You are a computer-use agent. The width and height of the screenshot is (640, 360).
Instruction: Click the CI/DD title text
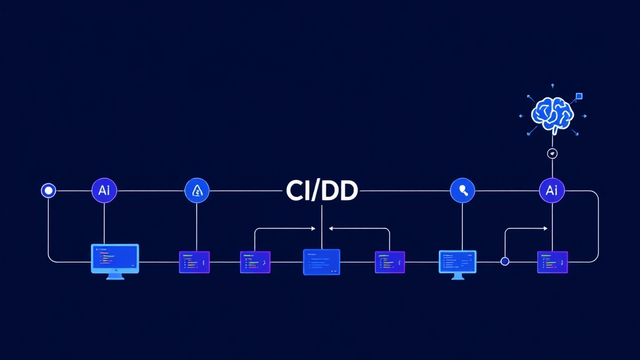(321, 191)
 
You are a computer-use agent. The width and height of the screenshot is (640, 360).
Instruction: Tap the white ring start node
(48, 191)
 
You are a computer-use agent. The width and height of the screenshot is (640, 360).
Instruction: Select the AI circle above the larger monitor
(104, 191)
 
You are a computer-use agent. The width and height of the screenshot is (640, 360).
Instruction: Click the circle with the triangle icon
(197, 191)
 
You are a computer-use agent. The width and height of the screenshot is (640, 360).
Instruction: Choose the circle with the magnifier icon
(462, 191)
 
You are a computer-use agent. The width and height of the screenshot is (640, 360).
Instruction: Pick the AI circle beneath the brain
(552, 191)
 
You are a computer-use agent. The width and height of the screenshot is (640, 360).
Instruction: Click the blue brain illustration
(552, 113)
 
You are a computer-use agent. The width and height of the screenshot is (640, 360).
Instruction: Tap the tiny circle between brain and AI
(552, 154)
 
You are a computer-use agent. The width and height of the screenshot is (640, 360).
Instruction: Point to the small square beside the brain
(579, 96)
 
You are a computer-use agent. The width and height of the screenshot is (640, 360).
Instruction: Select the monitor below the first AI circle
(115, 258)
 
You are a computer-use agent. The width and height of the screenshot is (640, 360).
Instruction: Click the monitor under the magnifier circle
(457, 262)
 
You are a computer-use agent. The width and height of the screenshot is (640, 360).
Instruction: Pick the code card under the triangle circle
(194, 262)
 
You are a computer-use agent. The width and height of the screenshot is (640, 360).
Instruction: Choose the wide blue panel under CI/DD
(321, 262)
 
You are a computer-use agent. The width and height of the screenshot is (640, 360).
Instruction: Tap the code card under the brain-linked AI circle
(552, 262)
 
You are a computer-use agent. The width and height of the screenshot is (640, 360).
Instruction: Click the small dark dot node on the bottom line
(505, 261)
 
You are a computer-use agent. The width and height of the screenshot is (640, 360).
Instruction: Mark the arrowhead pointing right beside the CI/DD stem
(315, 229)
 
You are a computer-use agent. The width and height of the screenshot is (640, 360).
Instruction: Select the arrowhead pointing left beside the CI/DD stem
(331, 229)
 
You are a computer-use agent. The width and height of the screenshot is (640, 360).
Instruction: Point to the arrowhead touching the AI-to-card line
(548, 229)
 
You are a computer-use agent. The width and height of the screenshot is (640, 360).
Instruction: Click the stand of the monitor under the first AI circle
(115, 276)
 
